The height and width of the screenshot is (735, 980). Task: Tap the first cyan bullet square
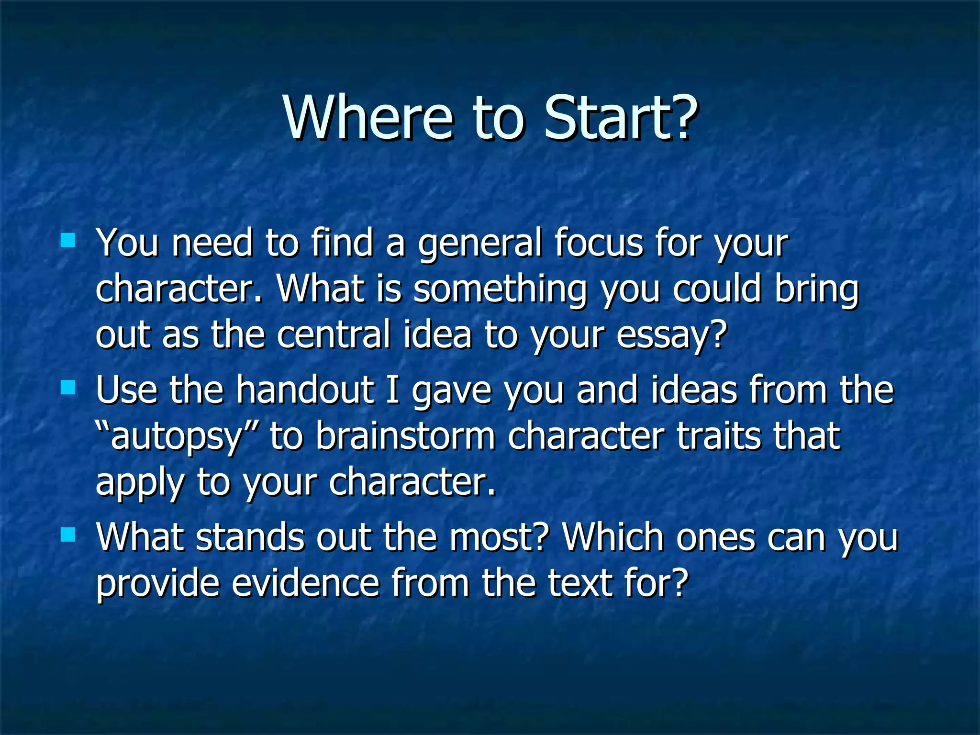click(x=68, y=240)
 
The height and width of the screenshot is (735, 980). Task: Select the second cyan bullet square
click(x=68, y=387)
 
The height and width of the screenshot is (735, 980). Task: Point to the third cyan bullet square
click(x=68, y=535)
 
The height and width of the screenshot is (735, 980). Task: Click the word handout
click(x=304, y=390)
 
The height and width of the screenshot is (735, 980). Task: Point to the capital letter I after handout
click(x=392, y=390)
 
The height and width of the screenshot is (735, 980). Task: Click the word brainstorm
click(x=405, y=436)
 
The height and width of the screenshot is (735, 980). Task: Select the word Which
click(x=613, y=537)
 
